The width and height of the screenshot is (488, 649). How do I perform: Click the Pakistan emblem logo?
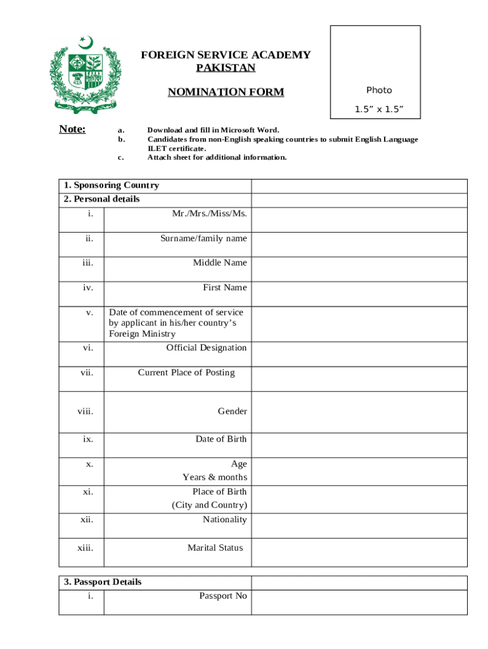(84, 74)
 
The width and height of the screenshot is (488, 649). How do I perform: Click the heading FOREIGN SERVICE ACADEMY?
(226, 55)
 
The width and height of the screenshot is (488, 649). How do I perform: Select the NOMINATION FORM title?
(226, 93)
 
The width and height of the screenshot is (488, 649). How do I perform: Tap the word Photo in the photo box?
(379, 91)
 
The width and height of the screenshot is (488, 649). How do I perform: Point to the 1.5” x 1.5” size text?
(379, 110)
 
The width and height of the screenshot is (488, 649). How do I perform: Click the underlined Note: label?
(72, 130)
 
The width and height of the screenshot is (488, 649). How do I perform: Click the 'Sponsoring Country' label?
(112, 186)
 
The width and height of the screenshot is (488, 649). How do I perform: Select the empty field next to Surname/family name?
(359, 245)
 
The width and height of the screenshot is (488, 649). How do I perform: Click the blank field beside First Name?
(359, 294)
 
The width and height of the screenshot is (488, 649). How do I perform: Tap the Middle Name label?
(220, 263)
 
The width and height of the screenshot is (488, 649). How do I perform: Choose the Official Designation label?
(207, 348)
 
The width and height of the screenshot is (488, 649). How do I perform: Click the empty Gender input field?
(359, 412)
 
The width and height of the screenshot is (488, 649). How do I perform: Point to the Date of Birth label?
(221, 439)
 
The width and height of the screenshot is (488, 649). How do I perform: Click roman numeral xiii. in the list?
(85, 548)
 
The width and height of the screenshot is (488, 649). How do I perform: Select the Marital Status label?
(215, 548)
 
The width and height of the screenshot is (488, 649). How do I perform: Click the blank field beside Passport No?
(359, 602)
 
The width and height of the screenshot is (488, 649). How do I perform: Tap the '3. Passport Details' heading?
(103, 582)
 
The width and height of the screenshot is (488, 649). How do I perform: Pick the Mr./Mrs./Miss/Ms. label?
(210, 214)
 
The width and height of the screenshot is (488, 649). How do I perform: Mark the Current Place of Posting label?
(186, 373)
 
